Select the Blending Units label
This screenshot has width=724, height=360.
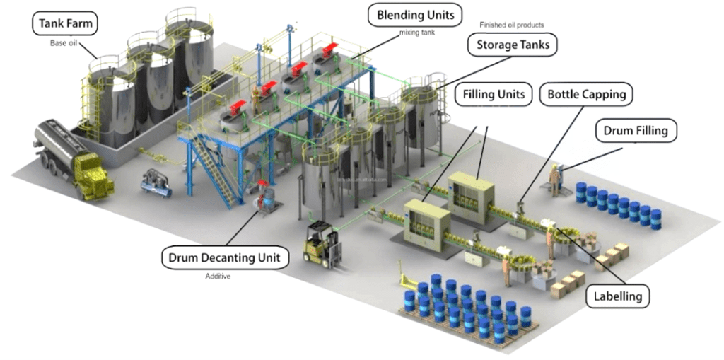pyautogui.click(x=415, y=14)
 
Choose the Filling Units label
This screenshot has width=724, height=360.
pyautogui.click(x=494, y=93)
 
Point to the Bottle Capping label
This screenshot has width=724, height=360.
pyautogui.click(x=586, y=93)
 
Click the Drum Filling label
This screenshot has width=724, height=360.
pyautogui.click(x=640, y=131)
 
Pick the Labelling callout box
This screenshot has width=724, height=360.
pyautogui.click(x=617, y=296)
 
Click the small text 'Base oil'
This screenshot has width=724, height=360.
pyautogui.click(x=63, y=43)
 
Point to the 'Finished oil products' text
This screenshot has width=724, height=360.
pyautogui.click(x=511, y=25)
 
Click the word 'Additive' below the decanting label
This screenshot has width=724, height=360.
pyautogui.click(x=218, y=276)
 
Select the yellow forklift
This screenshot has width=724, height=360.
pyautogui.click(x=322, y=243)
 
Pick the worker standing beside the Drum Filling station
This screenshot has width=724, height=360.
pyautogui.click(x=556, y=178)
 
